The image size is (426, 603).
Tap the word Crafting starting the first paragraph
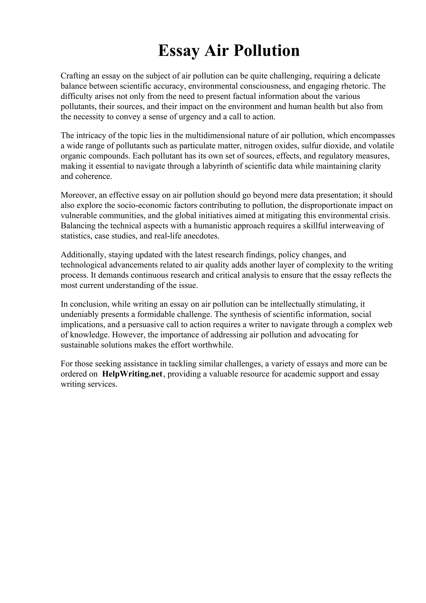click(x=74, y=76)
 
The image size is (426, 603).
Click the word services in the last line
click(x=103, y=384)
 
